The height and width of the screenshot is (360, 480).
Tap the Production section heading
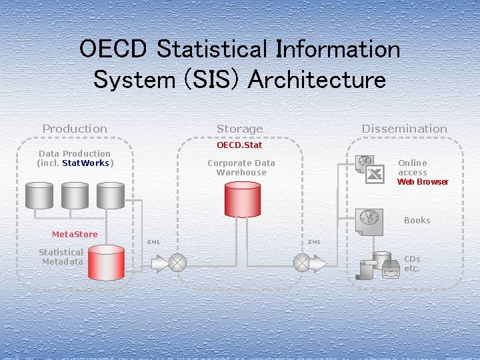pyautogui.click(x=75, y=129)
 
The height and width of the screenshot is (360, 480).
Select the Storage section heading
pyautogui.click(x=239, y=129)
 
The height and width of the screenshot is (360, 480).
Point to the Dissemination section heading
pyautogui.click(x=404, y=129)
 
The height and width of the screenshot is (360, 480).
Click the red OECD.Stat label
pyautogui.click(x=239, y=145)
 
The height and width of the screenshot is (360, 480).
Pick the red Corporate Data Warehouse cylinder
pyautogui.click(x=242, y=199)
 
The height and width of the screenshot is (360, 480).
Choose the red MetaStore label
pyautogui.click(x=75, y=234)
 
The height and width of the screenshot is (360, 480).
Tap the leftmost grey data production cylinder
pyautogui.click(x=39, y=194)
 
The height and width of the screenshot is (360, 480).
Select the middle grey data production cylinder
pyautogui.click(x=74, y=194)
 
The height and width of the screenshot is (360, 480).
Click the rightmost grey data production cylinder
pyautogui.click(x=110, y=194)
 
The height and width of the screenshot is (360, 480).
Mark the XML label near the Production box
pyautogui.click(x=153, y=241)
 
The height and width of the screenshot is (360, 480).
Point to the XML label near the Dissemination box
pyautogui.click(x=314, y=241)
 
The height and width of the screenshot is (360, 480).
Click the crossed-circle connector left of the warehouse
pyautogui.click(x=177, y=263)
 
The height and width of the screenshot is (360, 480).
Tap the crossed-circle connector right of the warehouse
pyautogui.click(x=302, y=263)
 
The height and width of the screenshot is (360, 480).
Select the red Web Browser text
pyautogui.click(x=423, y=182)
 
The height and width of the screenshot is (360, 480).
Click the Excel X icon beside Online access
pyautogui.click(x=375, y=174)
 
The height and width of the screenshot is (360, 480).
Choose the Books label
pyautogui.click(x=417, y=220)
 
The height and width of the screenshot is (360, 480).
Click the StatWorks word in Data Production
pyautogui.click(x=85, y=163)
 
